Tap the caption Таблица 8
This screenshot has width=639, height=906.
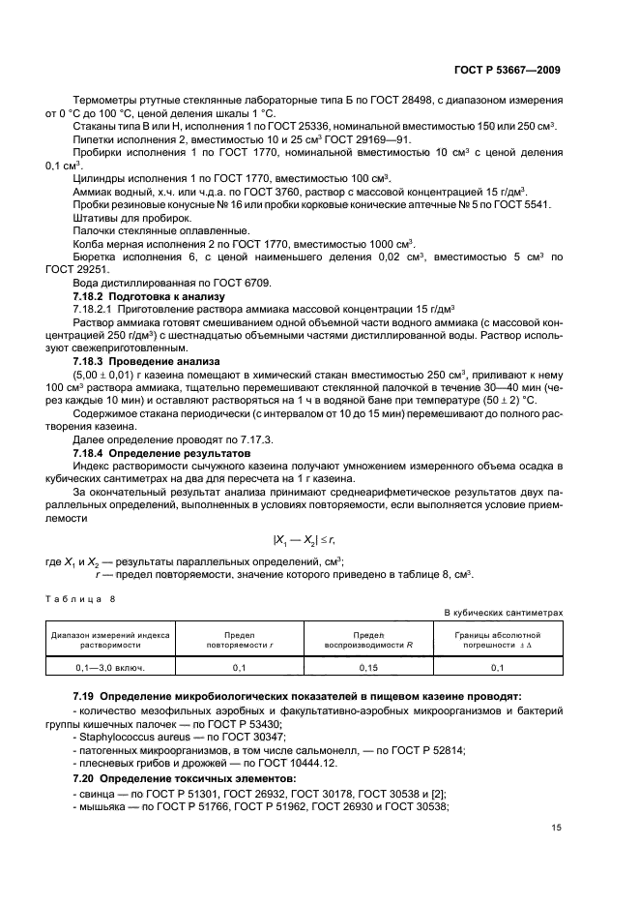click(87, 599)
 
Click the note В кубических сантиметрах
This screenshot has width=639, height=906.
click(503, 613)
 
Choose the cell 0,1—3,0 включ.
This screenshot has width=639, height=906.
click(108, 668)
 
